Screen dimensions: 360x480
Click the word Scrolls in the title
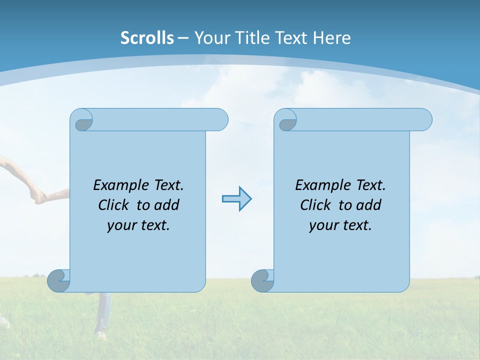coord(147,38)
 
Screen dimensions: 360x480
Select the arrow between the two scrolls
coord(236,199)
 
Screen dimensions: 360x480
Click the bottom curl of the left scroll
coord(58,280)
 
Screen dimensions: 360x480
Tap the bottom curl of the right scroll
coord(262,280)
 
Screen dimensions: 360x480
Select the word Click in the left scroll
coord(114,205)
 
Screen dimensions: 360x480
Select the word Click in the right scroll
coord(316,205)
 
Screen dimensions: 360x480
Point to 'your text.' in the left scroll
coord(138,225)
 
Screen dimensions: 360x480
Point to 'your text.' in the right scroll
coord(340,225)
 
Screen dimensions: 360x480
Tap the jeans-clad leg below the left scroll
coord(103,312)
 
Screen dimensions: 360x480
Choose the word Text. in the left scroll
coord(168,185)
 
